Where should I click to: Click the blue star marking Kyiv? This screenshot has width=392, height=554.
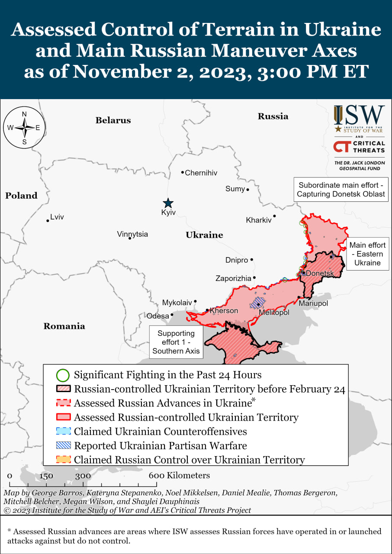pos(168,203)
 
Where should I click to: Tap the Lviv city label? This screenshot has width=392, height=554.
pos(57,217)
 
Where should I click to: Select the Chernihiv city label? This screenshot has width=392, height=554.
pos(201,173)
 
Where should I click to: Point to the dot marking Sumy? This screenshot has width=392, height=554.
pos(248,190)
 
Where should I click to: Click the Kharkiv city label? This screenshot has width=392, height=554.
pos(259,220)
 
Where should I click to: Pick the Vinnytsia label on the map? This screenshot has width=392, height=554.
pos(132,234)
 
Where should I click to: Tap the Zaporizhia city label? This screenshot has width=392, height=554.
pos(233,278)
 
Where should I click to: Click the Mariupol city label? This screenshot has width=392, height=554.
pos(313,303)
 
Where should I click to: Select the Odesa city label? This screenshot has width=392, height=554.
pos(158,316)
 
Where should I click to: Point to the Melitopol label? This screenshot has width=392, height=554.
pos(274,312)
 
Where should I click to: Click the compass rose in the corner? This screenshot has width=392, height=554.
pos(24,127)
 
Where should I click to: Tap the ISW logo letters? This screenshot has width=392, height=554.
pos(359,116)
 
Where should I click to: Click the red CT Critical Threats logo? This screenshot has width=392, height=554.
pos(359,147)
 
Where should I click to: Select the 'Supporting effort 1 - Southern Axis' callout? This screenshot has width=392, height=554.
pos(176,342)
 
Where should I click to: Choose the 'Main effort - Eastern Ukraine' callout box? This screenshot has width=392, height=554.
pos(367,254)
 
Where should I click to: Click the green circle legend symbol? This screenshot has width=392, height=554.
pos(63,375)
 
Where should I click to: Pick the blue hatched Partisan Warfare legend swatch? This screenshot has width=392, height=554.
pos(63,445)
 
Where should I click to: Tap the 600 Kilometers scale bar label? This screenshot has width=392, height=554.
pos(180,475)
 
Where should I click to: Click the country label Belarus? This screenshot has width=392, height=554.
pos(113,120)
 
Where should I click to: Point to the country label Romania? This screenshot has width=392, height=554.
pos(64,326)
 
